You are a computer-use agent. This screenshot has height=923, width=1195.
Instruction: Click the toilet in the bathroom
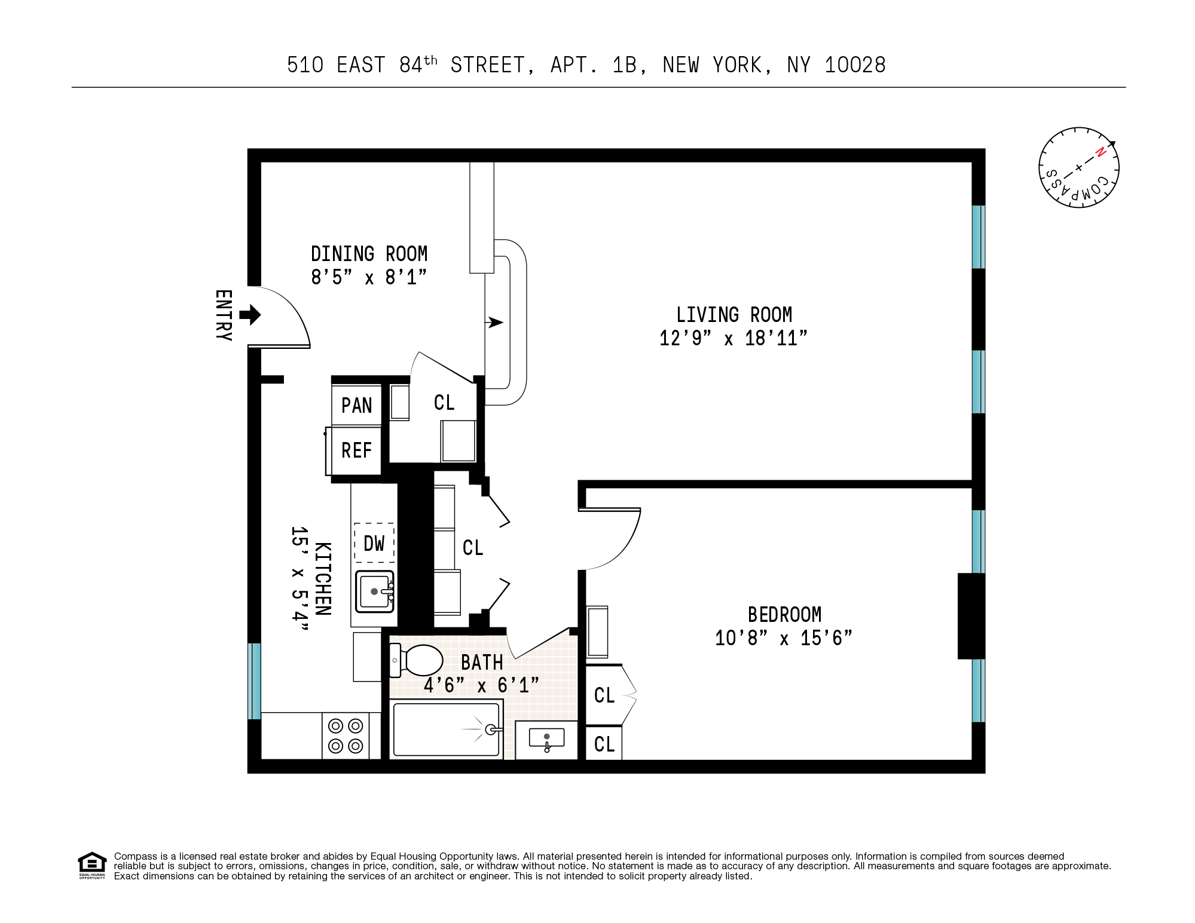click(418, 660)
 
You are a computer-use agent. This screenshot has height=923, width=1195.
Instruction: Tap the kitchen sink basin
click(374, 591)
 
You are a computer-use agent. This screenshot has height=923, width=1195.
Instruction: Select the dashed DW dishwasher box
click(374, 543)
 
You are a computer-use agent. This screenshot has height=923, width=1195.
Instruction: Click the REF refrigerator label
click(356, 450)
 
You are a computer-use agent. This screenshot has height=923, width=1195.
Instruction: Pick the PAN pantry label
click(356, 406)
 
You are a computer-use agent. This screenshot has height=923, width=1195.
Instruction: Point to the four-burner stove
click(346, 736)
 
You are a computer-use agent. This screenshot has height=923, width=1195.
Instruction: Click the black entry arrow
click(250, 315)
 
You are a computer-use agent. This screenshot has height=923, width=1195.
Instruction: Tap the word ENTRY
click(223, 315)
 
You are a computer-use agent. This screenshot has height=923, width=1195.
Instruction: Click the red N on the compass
click(1101, 152)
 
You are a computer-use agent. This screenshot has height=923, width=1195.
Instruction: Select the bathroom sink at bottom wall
click(546, 740)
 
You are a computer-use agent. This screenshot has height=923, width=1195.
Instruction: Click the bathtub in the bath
click(446, 730)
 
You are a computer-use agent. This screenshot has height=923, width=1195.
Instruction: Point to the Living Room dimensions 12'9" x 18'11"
click(733, 339)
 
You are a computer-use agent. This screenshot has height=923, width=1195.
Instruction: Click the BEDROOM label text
click(784, 615)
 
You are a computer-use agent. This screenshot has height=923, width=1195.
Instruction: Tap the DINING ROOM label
click(369, 254)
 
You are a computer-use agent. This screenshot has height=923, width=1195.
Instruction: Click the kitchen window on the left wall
click(255, 681)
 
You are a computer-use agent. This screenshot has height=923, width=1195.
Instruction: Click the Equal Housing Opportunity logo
click(92, 865)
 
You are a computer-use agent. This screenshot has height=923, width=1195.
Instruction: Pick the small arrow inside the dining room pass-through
click(494, 323)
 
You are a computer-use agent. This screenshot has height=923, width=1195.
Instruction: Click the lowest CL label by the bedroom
click(604, 744)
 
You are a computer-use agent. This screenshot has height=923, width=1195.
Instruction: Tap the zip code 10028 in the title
click(855, 65)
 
